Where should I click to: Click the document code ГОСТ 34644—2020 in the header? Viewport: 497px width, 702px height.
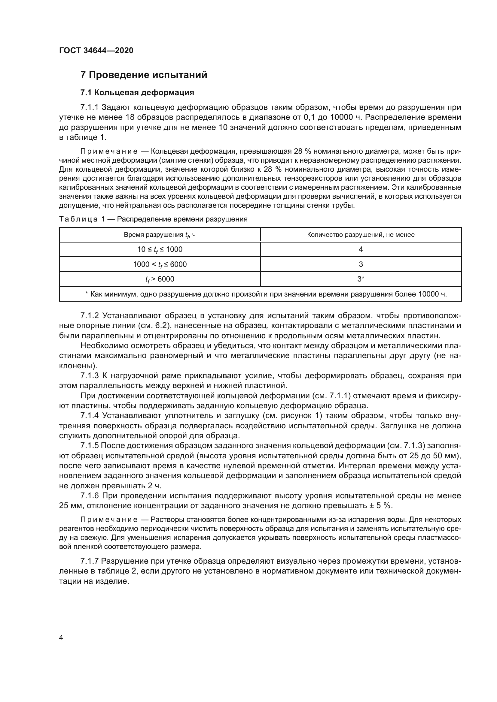click(x=96, y=50)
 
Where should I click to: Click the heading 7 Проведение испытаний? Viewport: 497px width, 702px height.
click(x=144, y=75)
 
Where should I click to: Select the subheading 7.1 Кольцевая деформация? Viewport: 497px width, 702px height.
click(x=137, y=92)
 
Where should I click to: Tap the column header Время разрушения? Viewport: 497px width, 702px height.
click(x=160, y=235)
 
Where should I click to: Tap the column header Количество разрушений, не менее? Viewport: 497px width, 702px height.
click(x=361, y=235)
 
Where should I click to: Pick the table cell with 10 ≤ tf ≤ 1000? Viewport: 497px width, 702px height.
click(x=160, y=249)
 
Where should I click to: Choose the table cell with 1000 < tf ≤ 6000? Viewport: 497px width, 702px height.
click(x=160, y=264)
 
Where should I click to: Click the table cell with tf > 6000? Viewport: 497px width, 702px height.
click(x=160, y=279)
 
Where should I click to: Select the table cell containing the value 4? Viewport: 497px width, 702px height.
click(x=361, y=249)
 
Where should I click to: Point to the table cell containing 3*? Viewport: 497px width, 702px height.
click(x=361, y=279)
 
